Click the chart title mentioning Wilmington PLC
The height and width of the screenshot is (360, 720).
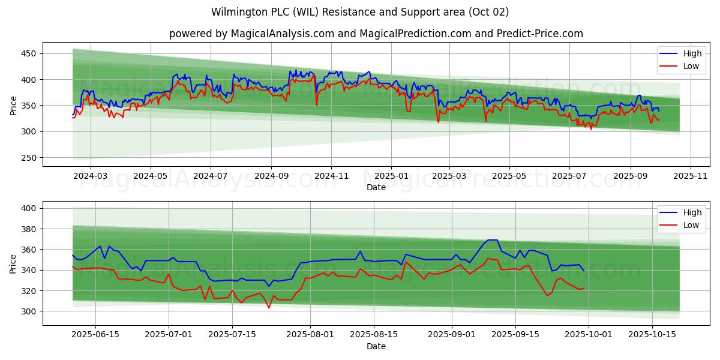click(360, 12)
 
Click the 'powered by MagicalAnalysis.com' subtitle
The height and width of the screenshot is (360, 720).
click(376, 34)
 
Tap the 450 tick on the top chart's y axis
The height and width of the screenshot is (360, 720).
click(29, 54)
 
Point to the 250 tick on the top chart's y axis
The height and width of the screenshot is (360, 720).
click(29, 158)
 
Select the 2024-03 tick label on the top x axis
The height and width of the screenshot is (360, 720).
click(90, 176)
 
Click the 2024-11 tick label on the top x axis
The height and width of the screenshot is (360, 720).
click(331, 176)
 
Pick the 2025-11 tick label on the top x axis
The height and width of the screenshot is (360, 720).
click(691, 176)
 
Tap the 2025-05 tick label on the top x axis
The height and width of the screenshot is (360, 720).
click(509, 176)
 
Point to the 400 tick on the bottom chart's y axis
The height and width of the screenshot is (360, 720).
click(29, 208)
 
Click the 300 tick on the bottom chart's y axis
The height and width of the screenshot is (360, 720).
click(29, 311)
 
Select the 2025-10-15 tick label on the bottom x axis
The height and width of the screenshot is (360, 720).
click(651, 335)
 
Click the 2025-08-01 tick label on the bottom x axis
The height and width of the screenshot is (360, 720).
click(310, 335)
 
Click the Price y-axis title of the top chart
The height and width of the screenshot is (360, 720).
click(13, 104)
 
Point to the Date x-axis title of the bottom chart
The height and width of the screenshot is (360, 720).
click(376, 346)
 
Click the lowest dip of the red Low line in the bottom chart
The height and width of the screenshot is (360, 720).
click(269, 308)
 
